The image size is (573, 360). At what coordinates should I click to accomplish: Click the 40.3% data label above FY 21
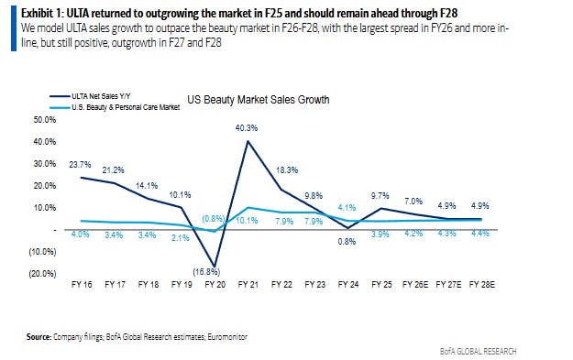247,128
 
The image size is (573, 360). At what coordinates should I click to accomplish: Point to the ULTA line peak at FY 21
248,141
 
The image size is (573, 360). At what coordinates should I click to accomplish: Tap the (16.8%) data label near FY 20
206,272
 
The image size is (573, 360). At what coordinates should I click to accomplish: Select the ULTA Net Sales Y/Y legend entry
90,96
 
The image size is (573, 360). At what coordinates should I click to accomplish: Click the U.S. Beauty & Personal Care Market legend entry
116,107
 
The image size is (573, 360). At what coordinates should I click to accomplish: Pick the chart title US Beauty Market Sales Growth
259,100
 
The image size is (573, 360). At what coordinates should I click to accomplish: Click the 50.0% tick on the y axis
45,120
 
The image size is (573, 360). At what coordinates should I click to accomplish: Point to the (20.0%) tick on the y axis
43,274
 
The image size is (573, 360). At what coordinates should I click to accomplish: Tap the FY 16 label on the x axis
82,284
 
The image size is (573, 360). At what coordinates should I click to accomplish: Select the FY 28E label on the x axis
482,284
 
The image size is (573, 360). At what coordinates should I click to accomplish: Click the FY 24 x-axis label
348,284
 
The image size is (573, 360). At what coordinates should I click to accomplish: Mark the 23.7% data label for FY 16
80,165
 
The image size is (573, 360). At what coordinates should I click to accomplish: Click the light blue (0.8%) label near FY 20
214,219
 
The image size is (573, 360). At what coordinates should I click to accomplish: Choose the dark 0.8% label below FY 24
347,242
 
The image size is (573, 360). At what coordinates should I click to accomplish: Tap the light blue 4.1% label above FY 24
347,208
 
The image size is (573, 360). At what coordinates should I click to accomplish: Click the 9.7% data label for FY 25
380,196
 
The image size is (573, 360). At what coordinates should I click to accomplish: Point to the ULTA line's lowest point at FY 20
215,267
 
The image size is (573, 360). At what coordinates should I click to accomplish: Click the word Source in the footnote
39,336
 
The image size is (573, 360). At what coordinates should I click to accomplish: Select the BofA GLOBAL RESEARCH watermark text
478,351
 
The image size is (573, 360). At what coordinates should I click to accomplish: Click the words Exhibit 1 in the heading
41,14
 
